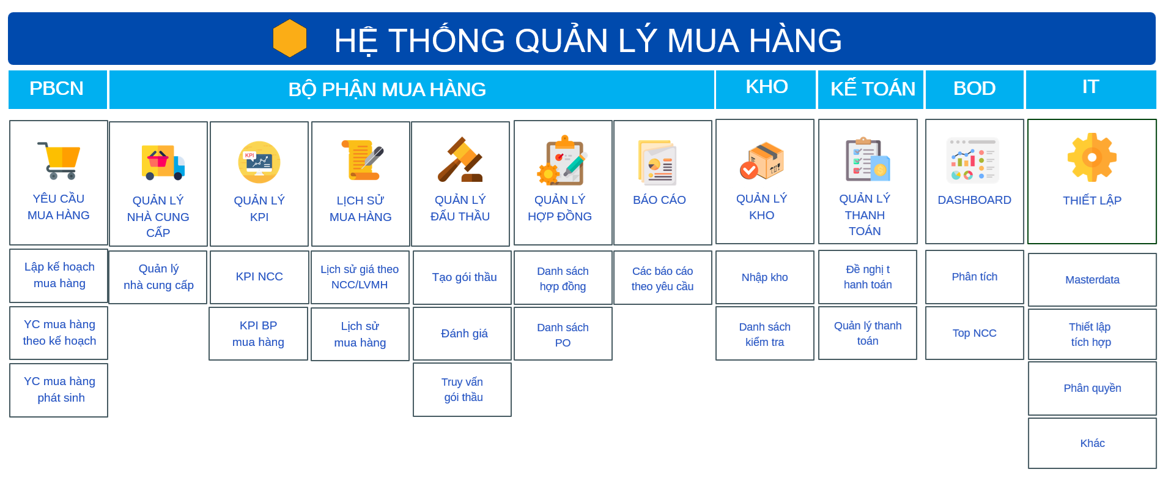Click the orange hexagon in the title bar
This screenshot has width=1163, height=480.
pos(290,39)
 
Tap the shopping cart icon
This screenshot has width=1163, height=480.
pos(59,160)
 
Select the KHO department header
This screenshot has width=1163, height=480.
pos(766,89)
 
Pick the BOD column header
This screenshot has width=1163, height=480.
pos(975,89)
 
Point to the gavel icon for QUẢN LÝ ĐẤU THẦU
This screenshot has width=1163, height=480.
pos(460,159)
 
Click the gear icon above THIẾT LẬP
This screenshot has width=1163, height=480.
pos(1092,157)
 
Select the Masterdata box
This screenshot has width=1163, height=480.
pos(1092,280)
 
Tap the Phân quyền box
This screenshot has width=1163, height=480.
pos(1092,388)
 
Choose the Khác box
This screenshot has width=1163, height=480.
pos(1092,443)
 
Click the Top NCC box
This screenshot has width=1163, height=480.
pos(975,333)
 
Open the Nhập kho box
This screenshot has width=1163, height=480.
pos(764,277)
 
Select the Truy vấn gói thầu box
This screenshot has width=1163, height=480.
pos(462,390)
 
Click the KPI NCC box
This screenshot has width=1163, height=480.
pos(259,277)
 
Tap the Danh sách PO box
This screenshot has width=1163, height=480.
pos(563,334)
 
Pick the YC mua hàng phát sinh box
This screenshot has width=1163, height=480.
pos(59,390)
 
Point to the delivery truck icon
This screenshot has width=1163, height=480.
pos(163,162)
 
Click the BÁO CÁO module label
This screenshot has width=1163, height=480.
pos(659,200)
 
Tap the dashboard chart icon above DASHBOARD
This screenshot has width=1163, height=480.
pos(973,160)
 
